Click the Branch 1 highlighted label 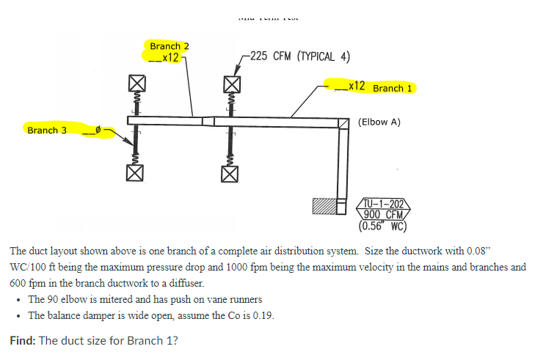[391, 88]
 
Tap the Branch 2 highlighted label [169, 46]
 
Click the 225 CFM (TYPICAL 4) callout [299, 56]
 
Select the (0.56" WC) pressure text [379, 225]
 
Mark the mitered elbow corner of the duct [344, 122]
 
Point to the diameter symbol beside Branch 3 [98, 131]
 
